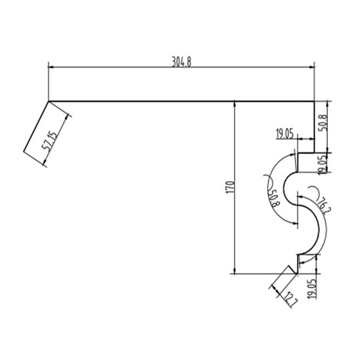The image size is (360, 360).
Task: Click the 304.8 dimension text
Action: [181, 62]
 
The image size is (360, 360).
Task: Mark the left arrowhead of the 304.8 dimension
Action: [51, 67]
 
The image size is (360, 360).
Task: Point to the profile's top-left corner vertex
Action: [48, 101]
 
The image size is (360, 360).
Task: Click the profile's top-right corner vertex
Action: [314, 101]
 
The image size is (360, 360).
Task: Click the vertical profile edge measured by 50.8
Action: [314, 127]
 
